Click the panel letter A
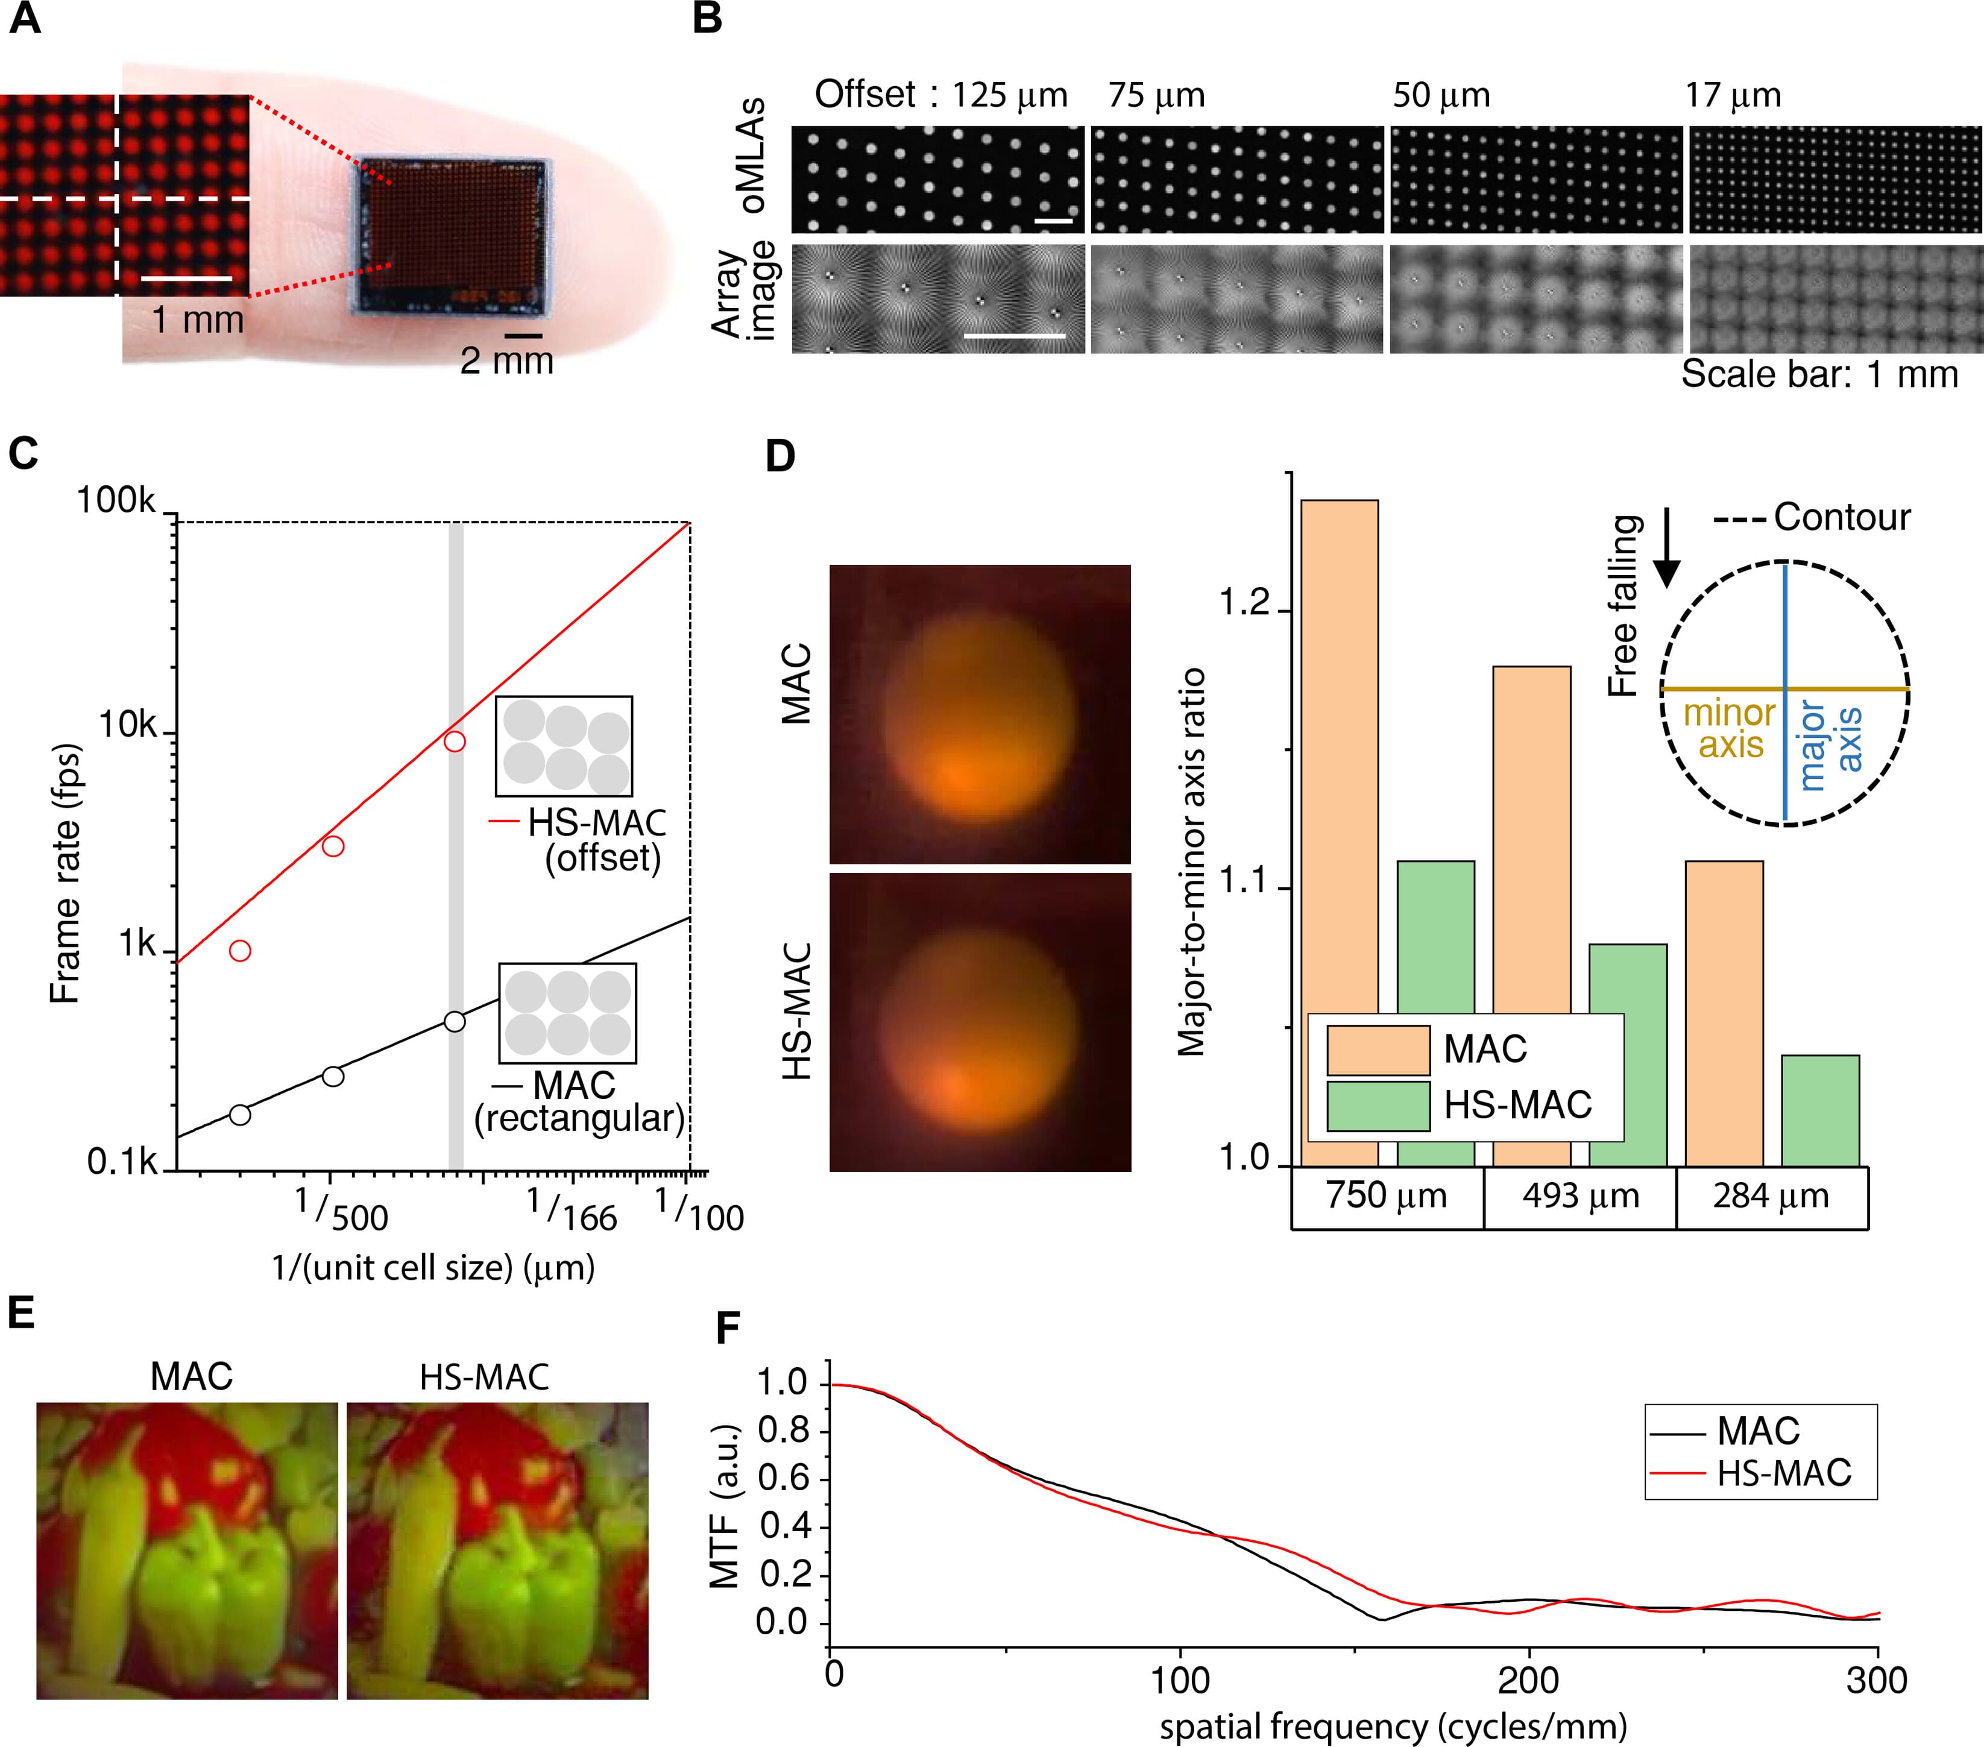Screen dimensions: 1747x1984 coord(25,19)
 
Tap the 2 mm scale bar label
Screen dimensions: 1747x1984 coord(506,361)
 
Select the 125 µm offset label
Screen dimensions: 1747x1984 coord(1009,95)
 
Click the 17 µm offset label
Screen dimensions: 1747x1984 coord(1734,95)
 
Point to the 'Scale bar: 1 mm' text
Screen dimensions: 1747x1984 coord(1819,374)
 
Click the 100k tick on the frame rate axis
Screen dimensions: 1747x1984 coord(116,501)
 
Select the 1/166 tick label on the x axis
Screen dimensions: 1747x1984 coord(573,1211)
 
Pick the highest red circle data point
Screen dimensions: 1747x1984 coord(455,741)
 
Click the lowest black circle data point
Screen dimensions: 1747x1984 coord(240,1114)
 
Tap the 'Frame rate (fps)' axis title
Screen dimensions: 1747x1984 coord(65,873)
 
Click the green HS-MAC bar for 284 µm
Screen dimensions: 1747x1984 coord(1821,1110)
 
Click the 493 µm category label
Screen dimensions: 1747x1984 coord(1580,1196)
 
